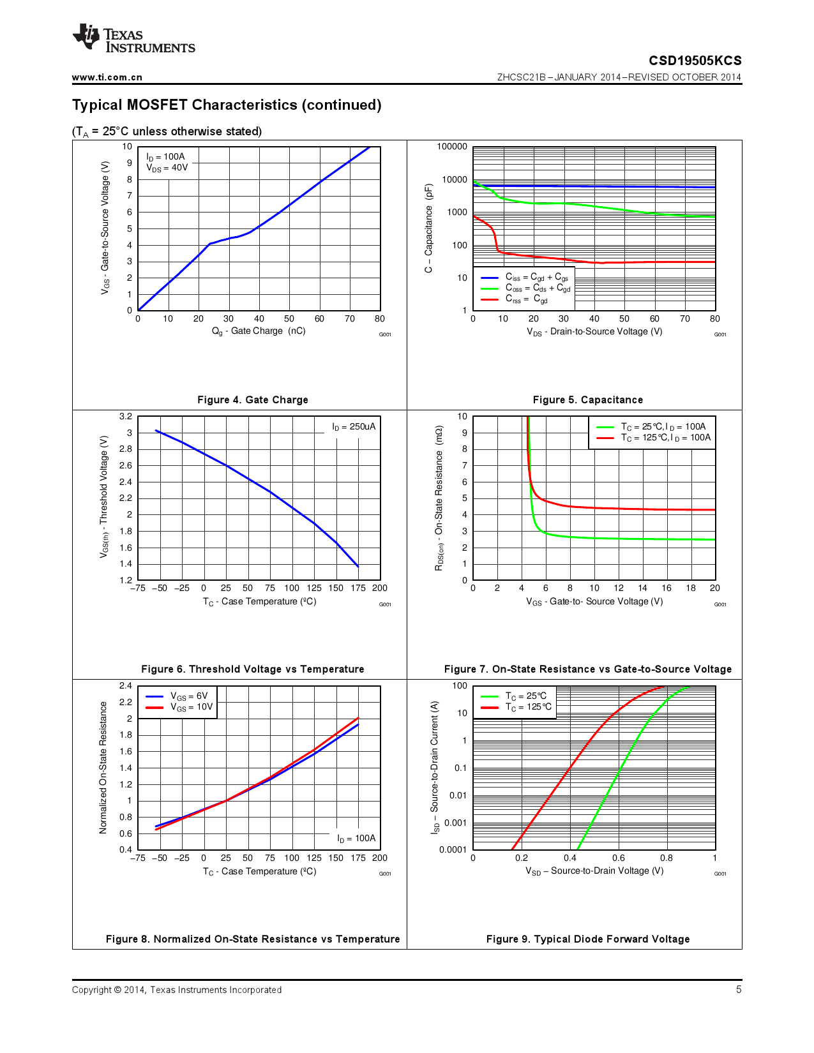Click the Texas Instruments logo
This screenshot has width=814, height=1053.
(133, 39)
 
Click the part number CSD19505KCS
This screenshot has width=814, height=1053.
(695, 61)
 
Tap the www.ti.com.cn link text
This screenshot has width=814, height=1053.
(107, 77)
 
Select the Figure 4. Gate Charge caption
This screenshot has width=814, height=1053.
(252, 400)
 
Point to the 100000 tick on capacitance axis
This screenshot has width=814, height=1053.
(452, 147)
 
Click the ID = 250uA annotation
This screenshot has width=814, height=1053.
(354, 426)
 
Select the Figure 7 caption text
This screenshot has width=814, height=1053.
(587, 669)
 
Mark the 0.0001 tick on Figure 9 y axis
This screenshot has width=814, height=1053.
(453, 849)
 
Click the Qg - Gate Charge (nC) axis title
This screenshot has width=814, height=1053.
(259, 331)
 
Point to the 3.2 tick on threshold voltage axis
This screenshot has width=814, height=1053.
(126, 416)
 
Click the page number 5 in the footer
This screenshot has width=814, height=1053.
(739, 989)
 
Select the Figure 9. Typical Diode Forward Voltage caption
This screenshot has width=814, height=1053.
(587, 939)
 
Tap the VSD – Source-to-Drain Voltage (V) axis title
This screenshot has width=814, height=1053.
(594, 870)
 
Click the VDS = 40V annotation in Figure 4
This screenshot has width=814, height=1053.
(167, 168)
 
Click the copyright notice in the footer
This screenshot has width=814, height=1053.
(177, 990)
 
